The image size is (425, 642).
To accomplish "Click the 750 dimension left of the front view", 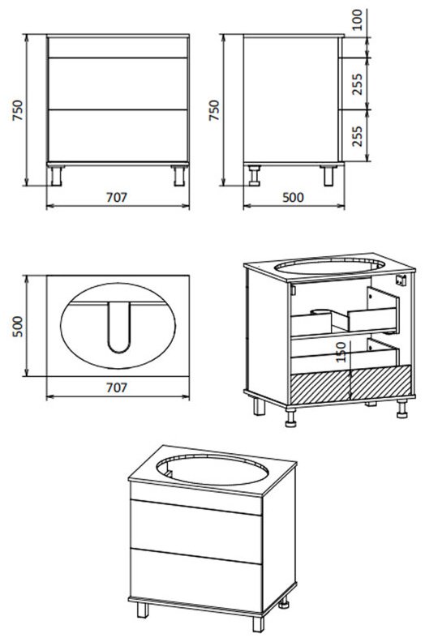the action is pos(19,109).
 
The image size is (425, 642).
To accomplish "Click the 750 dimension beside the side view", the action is pos(214,109).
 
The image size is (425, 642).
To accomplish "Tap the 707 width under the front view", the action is pos(117,198).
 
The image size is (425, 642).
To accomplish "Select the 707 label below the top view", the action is pos(117,387).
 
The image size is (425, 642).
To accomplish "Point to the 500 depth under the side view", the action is pos(293,198).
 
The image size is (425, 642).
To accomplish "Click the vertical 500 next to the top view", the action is pos(18,327).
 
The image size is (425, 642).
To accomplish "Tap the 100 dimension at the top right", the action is pos(358,19).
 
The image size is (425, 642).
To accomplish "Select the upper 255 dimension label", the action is pos(358,84).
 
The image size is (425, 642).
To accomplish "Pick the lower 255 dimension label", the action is pos(358,136).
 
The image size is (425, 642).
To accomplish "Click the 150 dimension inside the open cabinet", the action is pos(341,352).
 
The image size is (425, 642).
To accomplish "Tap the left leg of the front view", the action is pos(56,176).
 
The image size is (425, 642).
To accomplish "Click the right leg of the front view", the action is pos(179,176).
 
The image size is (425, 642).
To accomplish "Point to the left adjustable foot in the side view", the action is pos(255,176).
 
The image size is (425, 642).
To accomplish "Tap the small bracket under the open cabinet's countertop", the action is pos(401,280).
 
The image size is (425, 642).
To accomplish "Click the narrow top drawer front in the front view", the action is pos(118,48).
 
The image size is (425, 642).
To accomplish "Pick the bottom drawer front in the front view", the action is pos(118,135).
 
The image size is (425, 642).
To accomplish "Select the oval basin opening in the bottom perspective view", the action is pos(212,469).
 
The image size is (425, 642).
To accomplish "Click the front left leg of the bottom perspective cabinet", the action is pos(143,610).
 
